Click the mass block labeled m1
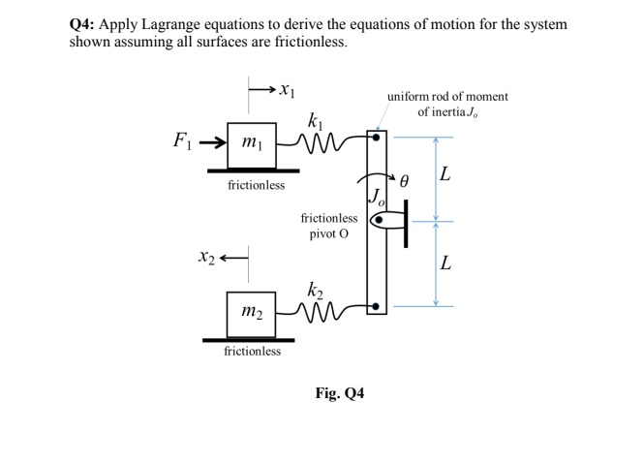250,144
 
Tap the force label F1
181,142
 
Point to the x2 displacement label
204,257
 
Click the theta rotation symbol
406,180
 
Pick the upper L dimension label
445,175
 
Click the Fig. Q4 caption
340,393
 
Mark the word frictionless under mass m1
256,185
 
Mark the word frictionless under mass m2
252,351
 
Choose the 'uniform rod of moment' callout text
447,96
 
